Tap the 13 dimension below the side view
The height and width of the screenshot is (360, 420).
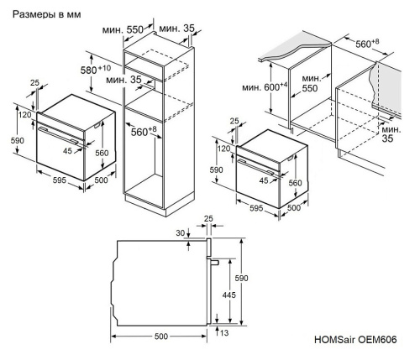pyautogui.click(x=223, y=332)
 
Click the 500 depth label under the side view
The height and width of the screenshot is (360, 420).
pyautogui.click(x=160, y=336)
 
